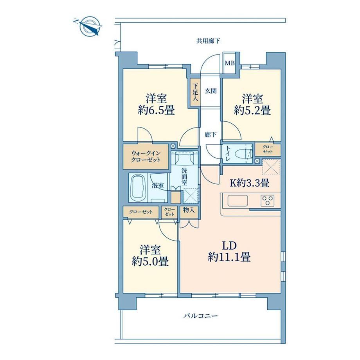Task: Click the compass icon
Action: pyautogui.click(x=88, y=26)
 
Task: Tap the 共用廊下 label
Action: pyautogui.click(x=208, y=41)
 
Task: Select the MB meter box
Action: pyautogui.click(x=230, y=63)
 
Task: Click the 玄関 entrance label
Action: pyautogui.click(x=211, y=91)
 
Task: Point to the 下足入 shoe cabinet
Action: pyautogui.click(x=195, y=92)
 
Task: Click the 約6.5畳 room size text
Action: pyautogui.click(x=157, y=110)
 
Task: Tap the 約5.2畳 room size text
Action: pyautogui.click(x=252, y=110)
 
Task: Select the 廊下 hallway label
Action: pyautogui.click(x=211, y=134)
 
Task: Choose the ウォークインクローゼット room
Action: pyautogui.click(x=146, y=157)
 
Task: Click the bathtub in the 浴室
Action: pyautogui.click(x=138, y=188)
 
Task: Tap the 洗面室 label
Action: pyautogui.click(x=184, y=177)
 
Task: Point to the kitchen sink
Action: pyautogui.click(x=238, y=201)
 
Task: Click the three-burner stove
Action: pyautogui.click(x=268, y=200)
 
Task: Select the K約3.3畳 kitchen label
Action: pyautogui.click(x=250, y=183)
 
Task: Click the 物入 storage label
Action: pyautogui.click(x=189, y=210)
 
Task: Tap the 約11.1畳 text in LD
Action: pyautogui.click(x=229, y=257)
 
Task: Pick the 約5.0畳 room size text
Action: pyautogui.click(x=150, y=261)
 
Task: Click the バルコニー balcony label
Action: pyautogui.click(x=200, y=316)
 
